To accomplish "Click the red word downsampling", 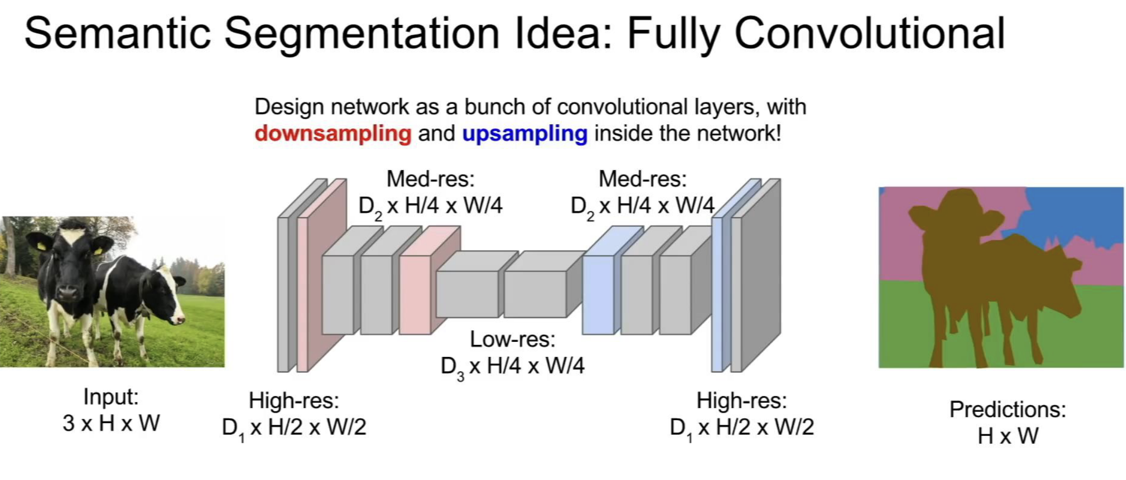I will click(x=332, y=134).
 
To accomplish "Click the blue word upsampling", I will click(x=524, y=134).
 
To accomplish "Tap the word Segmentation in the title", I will click(x=361, y=34).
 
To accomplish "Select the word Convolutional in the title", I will click(x=869, y=34).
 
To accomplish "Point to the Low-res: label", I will click(x=512, y=339).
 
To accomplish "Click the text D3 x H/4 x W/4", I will click(x=512, y=367).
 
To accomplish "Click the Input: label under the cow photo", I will click(x=111, y=397).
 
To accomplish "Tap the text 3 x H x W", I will click(x=111, y=423).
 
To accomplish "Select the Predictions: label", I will click(x=1007, y=410).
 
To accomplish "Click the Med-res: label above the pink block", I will click(x=430, y=179).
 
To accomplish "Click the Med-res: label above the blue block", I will click(x=642, y=179).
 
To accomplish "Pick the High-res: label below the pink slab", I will click(x=294, y=401).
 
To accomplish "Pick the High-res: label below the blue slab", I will click(x=741, y=401).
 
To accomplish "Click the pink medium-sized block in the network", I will click(x=415, y=294).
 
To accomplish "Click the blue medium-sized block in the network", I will click(x=598, y=294).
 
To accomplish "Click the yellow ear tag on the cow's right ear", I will click(x=98, y=250).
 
